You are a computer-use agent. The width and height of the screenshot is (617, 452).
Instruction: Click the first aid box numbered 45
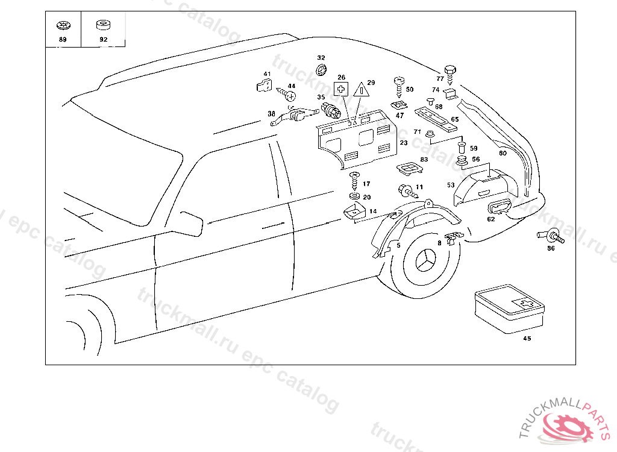point(509,310)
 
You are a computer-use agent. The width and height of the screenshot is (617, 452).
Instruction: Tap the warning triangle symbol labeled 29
point(361,90)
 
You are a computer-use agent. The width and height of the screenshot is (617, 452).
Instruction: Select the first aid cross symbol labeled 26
point(342,89)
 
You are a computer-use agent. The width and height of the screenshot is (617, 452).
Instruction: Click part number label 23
point(403,143)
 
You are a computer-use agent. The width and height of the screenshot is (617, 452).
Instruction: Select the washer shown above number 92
point(103,25)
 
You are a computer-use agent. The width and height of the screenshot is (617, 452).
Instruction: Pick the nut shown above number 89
point(62,26)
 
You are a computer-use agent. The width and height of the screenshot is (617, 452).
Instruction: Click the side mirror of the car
point(191,221)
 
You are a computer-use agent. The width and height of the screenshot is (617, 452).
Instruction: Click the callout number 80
point(503,153)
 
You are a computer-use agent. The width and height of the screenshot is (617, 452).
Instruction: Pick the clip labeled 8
point(451,236)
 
